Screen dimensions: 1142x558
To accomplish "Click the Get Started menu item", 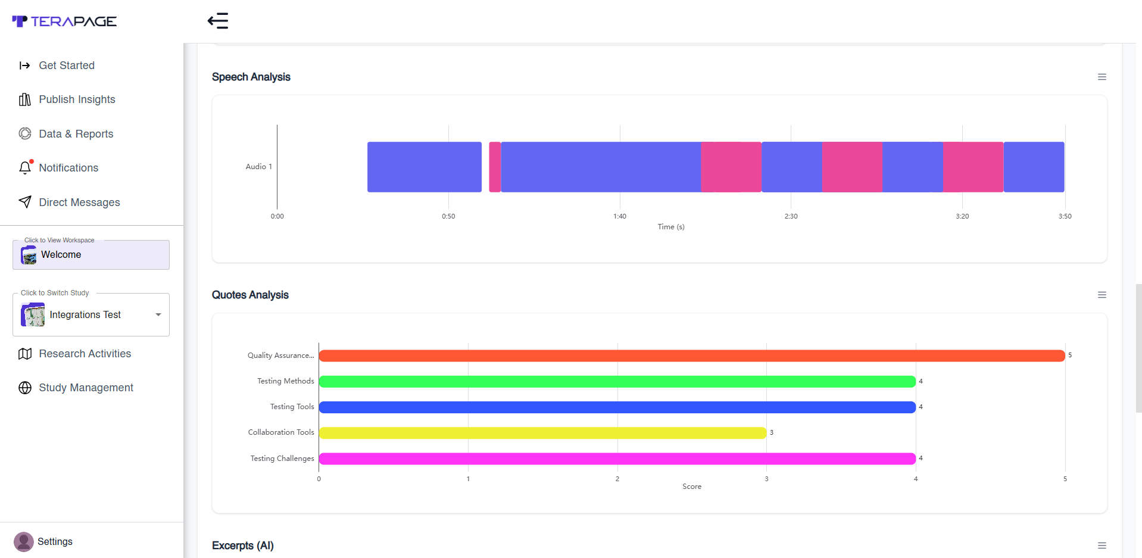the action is pyautogui.click(x=66, y=66).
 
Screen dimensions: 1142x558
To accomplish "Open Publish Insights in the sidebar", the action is pyautogui.click(x=77, y=99).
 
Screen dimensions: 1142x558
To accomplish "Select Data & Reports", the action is pyautogui.click(x=76, y=134).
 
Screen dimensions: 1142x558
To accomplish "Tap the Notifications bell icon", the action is pyautogui.click(x=25, y=167).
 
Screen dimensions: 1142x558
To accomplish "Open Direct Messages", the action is pyautogui.click(x=79, y=202).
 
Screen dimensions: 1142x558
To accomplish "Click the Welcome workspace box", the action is pyautogui.click(x=91, y=255).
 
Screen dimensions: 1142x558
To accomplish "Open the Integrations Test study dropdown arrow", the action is pyautogui.click(x=158, y=314).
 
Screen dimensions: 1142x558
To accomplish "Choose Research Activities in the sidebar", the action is pyautogui.click(x=85, y=354).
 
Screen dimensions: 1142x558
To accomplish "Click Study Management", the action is pyautogui.click(x=86, y=388).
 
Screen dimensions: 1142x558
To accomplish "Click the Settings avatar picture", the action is pyautogui.click(x=24, y=542).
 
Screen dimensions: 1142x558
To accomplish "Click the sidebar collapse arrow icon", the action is pyautogui.click(x=218, y=21).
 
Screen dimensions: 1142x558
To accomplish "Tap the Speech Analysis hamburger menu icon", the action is pyautogui.click(x=1102, y=77).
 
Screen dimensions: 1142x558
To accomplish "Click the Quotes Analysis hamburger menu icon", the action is pyautogui.click(x=1102, y=295).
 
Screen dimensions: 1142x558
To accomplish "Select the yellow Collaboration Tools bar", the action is pyautogui.click(x=542, y=433).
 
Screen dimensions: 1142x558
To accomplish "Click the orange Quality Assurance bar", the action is pyautogui.click(x=692, y=356).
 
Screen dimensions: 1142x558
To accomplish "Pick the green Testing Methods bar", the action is pyautogui.click(x=617, y=382).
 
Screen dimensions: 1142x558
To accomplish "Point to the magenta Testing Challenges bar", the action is pyautogui.click(x=617, y=459).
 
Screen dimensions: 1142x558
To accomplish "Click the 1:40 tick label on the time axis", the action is pyautogui.click(x=620, y=216).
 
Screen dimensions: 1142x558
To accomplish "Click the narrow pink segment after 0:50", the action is pyautogui.click(x=495, y=167).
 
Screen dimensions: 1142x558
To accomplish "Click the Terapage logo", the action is pyautogui.click(x=64, y=21).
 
